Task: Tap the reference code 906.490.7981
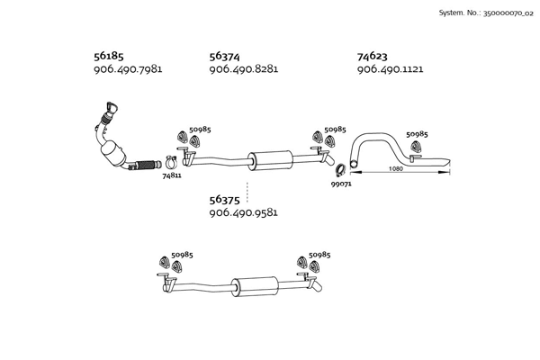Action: [x=128, y=69]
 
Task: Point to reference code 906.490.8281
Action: [x=243, y=69]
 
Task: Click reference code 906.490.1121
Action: [x=390, y=69]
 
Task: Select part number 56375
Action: [x=225, y=200]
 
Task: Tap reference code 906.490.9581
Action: [x=243, y=213]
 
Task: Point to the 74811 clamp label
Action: [x=172, y=175]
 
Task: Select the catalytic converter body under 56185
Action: [x=115, y=153]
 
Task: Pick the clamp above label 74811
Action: [x=166, y=163]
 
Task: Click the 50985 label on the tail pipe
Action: [x=417, y=134]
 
